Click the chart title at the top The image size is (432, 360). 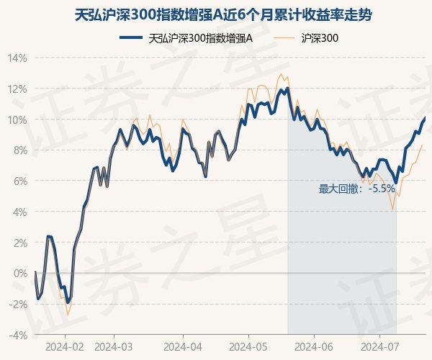pyautogui.click(x=216, y=14)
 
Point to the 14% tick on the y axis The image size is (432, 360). pyautogui.click(x=17, y=58)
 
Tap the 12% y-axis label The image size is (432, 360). pyautogui.click(x=17, y=89)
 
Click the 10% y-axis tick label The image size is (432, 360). pyautogui.click(x=17, y=120)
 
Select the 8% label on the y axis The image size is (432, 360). pyautogui.click(x=19, y=150)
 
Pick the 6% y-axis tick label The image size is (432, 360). pyautogui.click(x=19, y=181)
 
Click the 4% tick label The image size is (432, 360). pyautogui.click(x=19, y=212)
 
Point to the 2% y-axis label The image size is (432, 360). pyautogui.click(x=19, y=243)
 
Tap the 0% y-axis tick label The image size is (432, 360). pyautogui.click(x=19, y=274)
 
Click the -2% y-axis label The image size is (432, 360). pyautogui.click(x=18, y=305)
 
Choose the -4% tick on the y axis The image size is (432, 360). pyautogui.click(x=18, y=336)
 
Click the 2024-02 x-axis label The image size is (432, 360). pyautogui.click(x=65, y=346)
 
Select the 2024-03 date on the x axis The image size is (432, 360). pyautogui.click(x=114, y=346)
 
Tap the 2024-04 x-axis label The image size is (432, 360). pyautogui.click(x=182, y=346)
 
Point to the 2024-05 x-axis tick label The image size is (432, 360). pyautogui.click(x=248, y=346)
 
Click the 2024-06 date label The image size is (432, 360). pyautogui.click(x=315, y=346)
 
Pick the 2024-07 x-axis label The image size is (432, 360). pyautogui.click(x=380, y=346)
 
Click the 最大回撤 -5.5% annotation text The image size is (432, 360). pyautogui.click(x=357, y=189)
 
